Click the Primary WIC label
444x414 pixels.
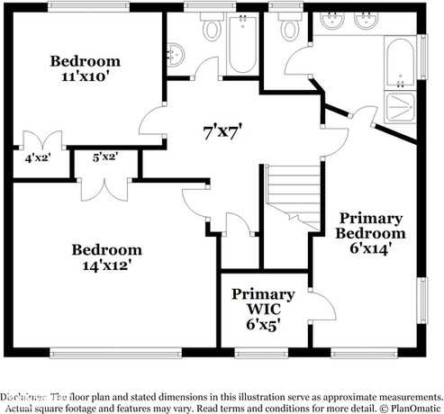pos(262,309)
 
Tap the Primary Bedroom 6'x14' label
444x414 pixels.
pos(369,234)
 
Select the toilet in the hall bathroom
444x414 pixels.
pos(213,30)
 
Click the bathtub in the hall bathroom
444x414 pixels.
pos(242,43)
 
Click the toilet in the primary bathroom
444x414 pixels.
pos(290,29)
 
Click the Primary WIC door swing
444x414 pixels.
pos(319,306)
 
